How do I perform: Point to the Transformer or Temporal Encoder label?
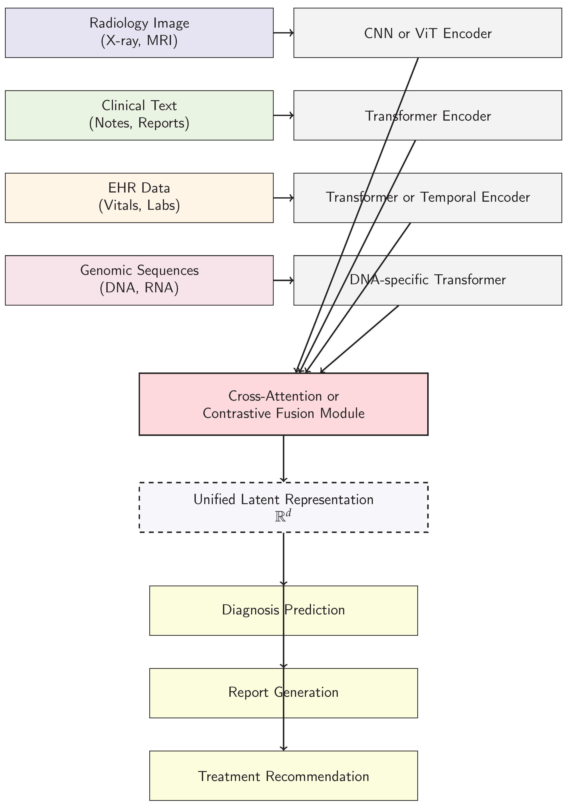(x=428, y=197)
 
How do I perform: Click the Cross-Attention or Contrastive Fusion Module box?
(x=283, y=404)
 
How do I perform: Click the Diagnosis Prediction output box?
(x=211, y=611)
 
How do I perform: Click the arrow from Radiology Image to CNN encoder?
(x=283, y=33)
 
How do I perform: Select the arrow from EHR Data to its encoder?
(x=283, y=198)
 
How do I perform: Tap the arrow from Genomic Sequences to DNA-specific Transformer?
(x=283, y=280)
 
